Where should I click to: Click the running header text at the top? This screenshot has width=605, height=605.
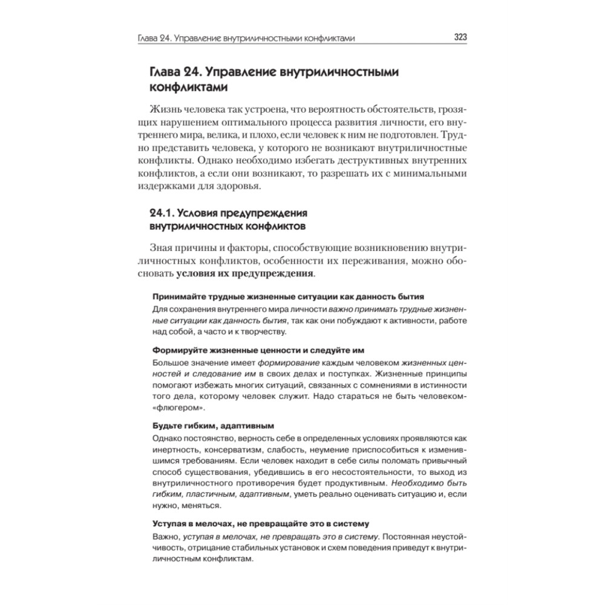coord(246,38)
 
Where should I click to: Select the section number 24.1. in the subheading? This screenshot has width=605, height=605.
coord(163,214)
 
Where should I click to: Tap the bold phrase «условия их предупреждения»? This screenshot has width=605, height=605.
coord(245,273)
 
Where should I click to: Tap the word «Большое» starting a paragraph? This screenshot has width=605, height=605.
coord(170,362)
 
